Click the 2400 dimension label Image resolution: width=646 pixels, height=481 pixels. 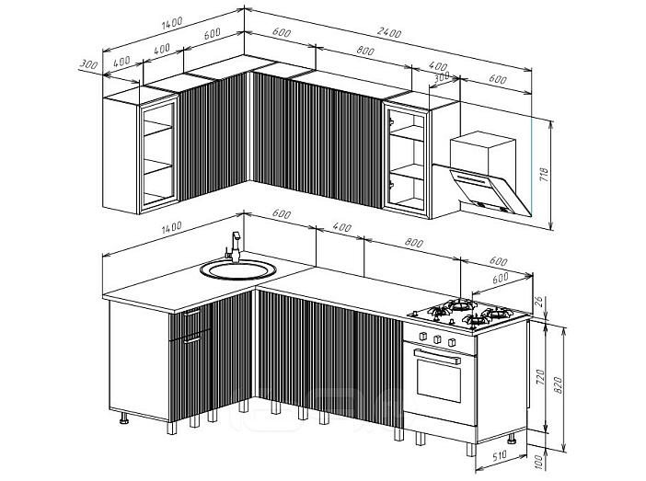point(389,33)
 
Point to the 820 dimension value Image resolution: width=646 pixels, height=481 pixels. point(558,385)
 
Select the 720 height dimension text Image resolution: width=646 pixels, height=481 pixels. point(540,377)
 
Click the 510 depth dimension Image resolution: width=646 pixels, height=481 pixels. point(499,455)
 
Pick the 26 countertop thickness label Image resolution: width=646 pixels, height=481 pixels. point(538,302)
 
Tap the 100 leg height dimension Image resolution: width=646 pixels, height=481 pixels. point(539,462)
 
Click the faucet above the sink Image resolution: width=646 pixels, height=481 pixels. point(234,247)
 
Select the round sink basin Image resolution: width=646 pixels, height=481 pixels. point(238,269)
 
